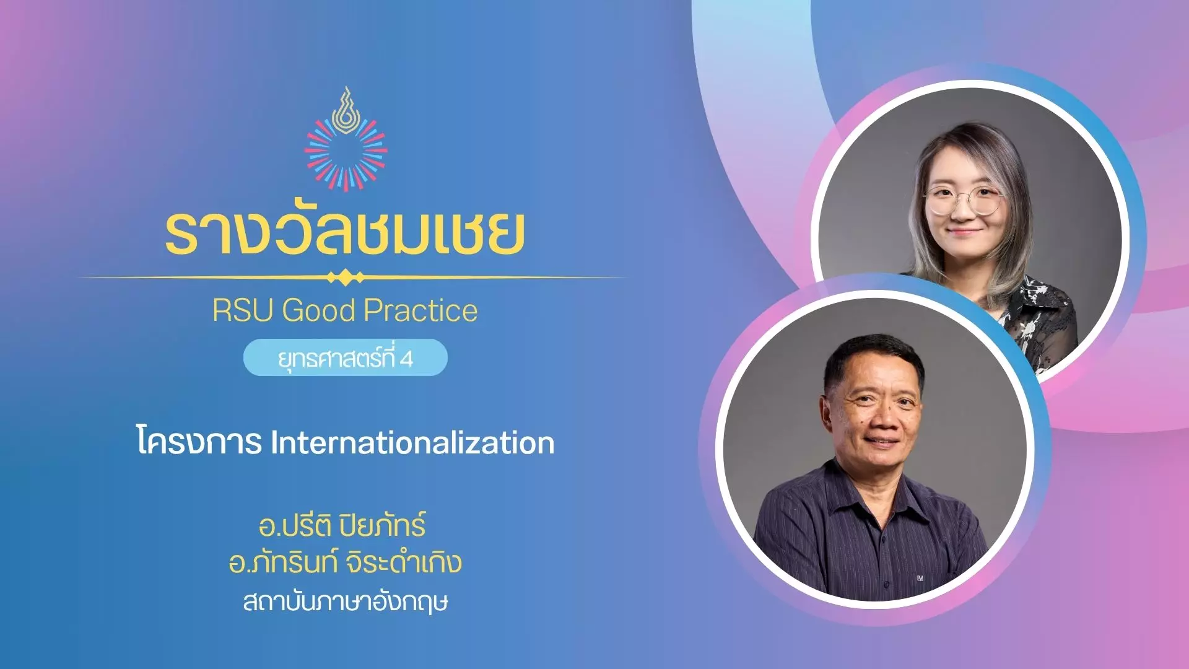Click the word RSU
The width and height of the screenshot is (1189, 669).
tap(243, 310)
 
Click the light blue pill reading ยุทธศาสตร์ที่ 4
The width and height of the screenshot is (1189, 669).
tap(345, 357)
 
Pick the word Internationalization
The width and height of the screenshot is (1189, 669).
tap(412, 443)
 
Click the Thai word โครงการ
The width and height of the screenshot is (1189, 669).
tap(199, 442)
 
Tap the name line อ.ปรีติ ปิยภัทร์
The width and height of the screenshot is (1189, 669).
tap(342, 525)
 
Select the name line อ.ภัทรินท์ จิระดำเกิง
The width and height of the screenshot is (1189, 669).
tap(345, 562)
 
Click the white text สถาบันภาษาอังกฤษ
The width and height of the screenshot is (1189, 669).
tap(346, 601)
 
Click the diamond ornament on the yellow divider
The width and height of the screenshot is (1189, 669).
tap(346, 278)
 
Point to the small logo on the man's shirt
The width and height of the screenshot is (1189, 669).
tap(920, 578)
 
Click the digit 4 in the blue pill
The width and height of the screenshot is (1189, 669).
tap(406, 359)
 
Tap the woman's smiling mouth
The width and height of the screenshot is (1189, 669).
tap(964, 233)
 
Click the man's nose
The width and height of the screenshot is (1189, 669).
tap(880, 421)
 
